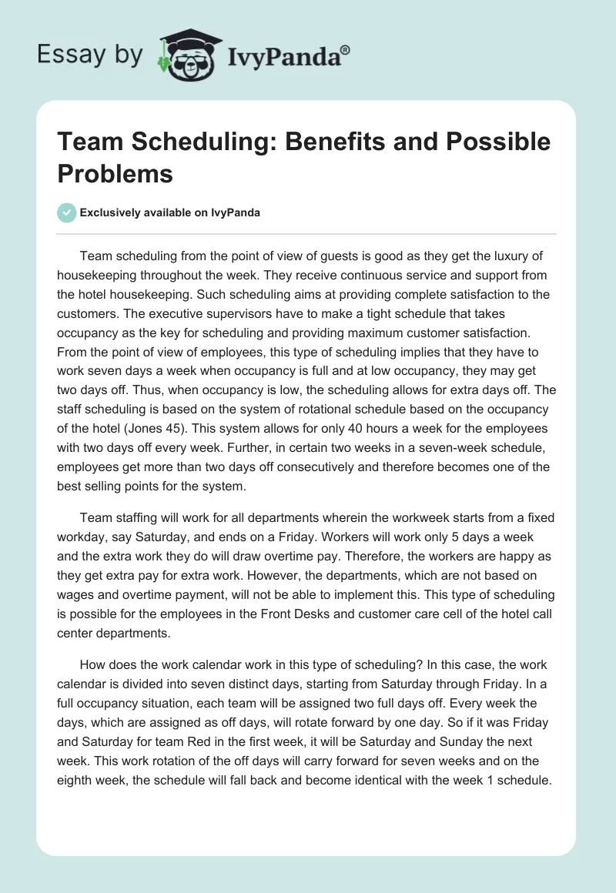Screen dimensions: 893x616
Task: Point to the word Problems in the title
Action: [115, 173]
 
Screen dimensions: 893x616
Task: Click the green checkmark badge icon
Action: [67, 212]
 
